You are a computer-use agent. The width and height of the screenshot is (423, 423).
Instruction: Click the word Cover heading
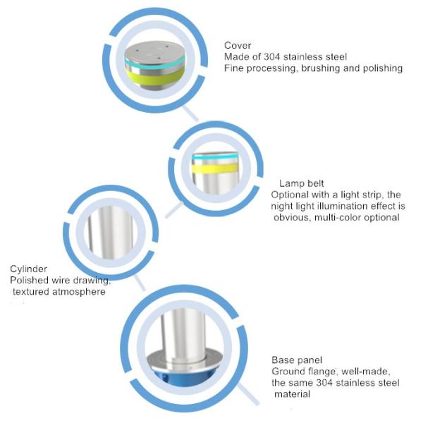pyautogui.click(x=238, y=45)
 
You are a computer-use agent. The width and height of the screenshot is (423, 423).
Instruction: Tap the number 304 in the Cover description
pyautogui.click(x=272, y=56)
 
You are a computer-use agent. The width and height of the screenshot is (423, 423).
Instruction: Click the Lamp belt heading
pyautogui.click(x=301, y=183)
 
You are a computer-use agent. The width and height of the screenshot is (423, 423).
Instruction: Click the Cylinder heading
pyautogui.click(x=29, y=269)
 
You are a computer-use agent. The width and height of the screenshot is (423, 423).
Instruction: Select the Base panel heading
pyautogui.click(x=297, y=360)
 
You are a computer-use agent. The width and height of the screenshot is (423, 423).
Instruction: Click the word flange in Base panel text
pyautogui.click(x=321, y=372)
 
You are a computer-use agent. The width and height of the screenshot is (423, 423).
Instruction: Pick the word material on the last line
pyautogui.click(x=292, y=394)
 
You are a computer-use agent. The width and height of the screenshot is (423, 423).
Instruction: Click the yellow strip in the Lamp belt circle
pyautogui.click(x=215, y=168)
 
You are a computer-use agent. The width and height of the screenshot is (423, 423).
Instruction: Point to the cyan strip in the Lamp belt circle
pyautogui.click(x=215, y=157)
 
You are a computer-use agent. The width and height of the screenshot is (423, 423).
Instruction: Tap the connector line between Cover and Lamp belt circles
pyautogui.click(x=190, y=114)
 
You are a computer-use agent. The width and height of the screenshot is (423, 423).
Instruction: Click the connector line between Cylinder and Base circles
pyautogui.click(x=140, y=283)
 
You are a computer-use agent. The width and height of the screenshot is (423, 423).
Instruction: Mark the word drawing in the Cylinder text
pyautogui.click(x=92, y=281)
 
